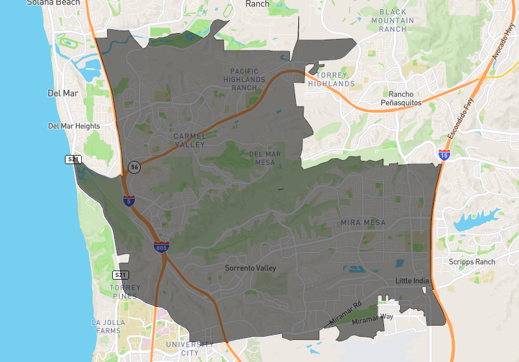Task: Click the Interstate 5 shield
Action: pos(129,200)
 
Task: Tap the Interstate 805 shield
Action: pos(162,247)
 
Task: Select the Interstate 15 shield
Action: pos(444,155)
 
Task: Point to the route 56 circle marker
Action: pos(134,167)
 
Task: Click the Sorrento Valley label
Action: pos(250,268)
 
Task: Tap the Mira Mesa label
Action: pos(363,223)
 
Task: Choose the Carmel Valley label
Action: pos(189,140)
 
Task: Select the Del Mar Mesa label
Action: pos(265,158)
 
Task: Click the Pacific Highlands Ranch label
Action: pos(244,79)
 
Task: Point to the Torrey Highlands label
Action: pos(332,79)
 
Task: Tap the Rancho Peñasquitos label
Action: pos(400,98)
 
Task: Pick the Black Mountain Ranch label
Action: pos(392,20)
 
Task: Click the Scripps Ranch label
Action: pos(472,262)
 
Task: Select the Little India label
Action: pos(413,281)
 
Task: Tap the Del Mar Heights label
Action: pos(74,126)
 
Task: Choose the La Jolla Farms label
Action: pos(107,326)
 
